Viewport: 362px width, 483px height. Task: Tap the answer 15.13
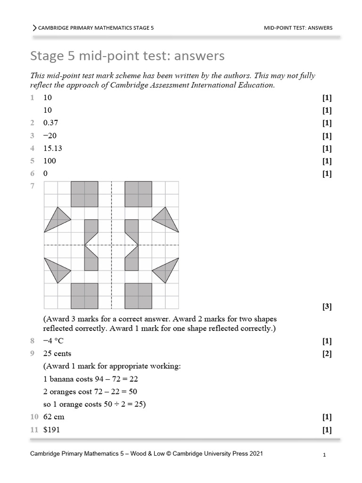click(x=52, y=148)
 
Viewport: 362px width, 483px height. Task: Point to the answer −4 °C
click(x=55, y=341)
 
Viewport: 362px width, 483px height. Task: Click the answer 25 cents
click(x=57, y=353)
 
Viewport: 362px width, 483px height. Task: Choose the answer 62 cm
click(x=54, y=417)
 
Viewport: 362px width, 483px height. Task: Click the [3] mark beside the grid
click(x=327, y=307)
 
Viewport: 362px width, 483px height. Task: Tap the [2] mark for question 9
click(x=327, y=353)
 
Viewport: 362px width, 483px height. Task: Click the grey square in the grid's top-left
click(x=84, y=194)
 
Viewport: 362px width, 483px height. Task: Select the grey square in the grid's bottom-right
click(x=138, y=296)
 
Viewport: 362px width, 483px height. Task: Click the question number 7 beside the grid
click(x=33, y=186)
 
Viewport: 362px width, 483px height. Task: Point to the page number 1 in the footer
click(x=325, y=455)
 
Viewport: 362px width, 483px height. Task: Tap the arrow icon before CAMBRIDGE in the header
click(x=34, y=28)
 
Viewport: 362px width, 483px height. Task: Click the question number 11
click(x=34, y=430)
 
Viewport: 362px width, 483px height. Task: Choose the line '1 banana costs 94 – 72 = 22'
click(x=90, y=379)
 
